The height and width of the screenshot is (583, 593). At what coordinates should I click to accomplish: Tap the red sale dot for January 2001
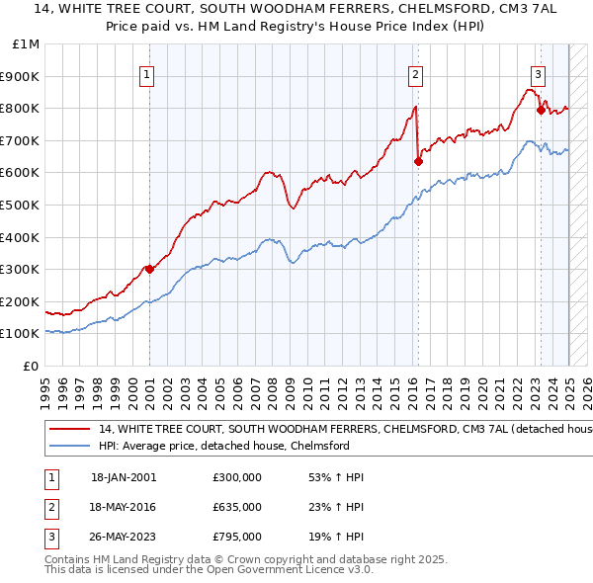pos(149,268)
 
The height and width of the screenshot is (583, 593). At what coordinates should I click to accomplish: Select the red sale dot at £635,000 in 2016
pos(418,161)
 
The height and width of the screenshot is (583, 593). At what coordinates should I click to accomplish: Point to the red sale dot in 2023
pos(541,110)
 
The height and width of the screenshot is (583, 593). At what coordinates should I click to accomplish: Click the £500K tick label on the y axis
pos(19,205)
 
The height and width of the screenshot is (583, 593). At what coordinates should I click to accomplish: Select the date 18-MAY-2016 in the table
pos(123,507)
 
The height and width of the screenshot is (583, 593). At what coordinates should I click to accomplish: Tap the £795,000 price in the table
pos(236,538)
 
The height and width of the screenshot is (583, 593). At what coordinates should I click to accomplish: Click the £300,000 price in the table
pos(236,476)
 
